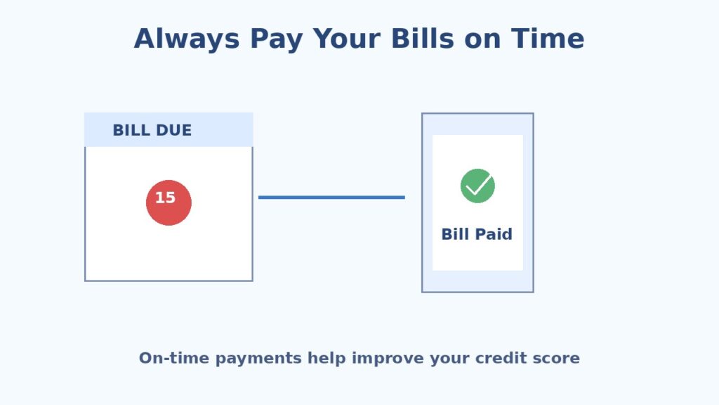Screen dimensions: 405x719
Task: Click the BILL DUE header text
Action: click(152, 131)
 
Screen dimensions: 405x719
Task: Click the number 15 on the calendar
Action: click(166, 198)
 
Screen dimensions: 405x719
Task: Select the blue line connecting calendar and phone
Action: click(331, 198)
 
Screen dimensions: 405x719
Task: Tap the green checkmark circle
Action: click(477, 186)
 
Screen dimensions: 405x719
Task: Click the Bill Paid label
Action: click(477, 234)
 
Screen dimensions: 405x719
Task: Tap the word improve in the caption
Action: click(382, 359)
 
